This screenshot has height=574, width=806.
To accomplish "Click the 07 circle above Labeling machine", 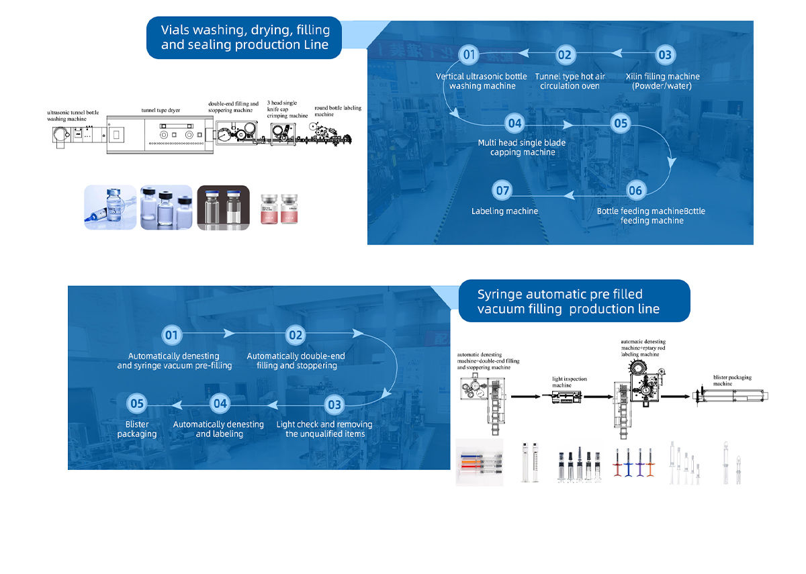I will (502, 191).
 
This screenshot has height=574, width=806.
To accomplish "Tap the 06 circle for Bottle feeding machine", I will (635, 191).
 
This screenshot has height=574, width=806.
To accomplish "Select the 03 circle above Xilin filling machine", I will (664, 55).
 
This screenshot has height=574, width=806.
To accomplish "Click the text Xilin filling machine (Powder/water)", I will (662, 81).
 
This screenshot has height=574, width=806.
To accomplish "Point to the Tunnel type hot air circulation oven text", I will (570, 81).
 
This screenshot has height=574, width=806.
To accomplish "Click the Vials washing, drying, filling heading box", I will (244, 38).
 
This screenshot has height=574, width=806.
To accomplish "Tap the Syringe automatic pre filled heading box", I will (574, 301).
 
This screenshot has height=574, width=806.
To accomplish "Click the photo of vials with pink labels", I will (279, 207).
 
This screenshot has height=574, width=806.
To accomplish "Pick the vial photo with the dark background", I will (223, 207).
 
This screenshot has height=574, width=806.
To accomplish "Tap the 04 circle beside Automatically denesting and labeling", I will (220, 403).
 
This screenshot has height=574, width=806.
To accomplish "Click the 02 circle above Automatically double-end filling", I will (296, 334).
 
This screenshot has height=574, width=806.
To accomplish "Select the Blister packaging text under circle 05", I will (137, 429).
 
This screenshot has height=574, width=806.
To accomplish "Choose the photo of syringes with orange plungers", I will (479, 462).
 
